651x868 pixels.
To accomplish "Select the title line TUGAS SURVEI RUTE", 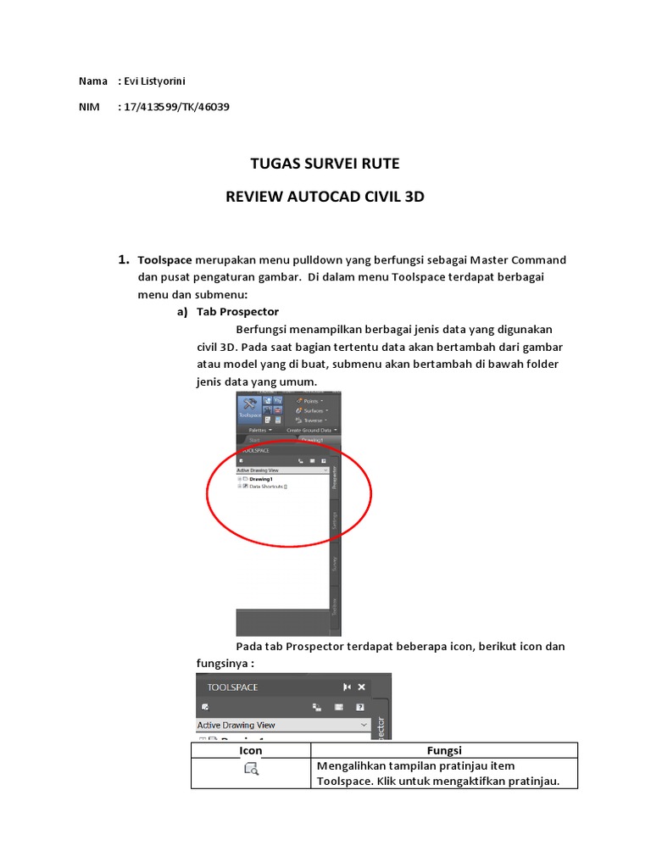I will point(325,164).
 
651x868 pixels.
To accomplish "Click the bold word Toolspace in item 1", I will point(164,259).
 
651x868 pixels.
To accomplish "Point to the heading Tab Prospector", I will point(237,311).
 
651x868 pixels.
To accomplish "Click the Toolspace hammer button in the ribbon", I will point(249,408).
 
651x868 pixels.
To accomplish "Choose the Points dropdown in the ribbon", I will point(311,400).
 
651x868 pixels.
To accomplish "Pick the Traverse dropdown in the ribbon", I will point(313,420).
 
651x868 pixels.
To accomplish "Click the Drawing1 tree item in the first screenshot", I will point(260,479).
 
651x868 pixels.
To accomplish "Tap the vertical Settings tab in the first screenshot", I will point(335,520).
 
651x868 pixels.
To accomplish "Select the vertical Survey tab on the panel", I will point(335,563).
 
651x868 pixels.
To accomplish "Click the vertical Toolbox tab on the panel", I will point(335,607).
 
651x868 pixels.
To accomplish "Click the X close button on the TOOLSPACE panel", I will point(362,687).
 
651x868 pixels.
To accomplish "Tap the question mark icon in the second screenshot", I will point(360,706).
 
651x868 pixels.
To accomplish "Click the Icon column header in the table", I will point(251,750).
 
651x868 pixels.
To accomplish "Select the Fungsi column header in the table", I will point(443,750).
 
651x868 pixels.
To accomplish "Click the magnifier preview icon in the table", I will point(251,769).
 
